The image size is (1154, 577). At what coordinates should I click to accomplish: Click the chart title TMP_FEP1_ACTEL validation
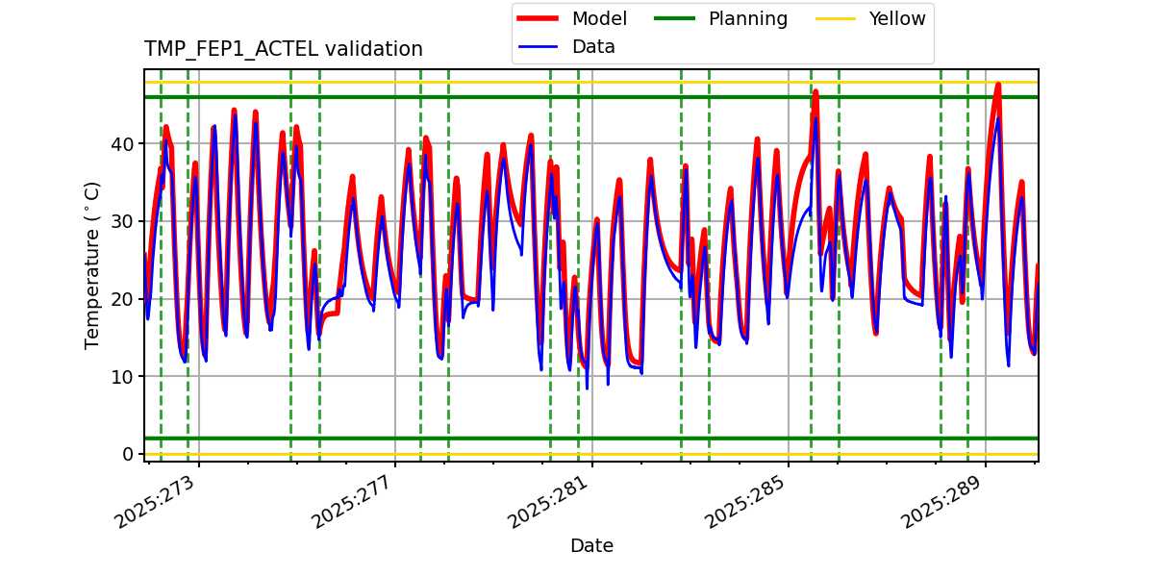[x=283, y=49]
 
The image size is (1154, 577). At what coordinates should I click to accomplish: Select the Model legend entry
[x=598, y=18]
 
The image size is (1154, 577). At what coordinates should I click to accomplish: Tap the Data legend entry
[x=593, y=46]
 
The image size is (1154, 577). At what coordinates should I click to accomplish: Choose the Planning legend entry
[x=747, y=18]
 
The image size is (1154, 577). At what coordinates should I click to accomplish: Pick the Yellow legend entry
[x=896, y=18]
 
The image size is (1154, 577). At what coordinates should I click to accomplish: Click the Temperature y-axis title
[x=92, y=264]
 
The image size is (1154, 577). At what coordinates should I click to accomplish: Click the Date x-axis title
[x=591, y=546]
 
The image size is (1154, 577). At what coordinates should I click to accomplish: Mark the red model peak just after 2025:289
[x=998, y=85]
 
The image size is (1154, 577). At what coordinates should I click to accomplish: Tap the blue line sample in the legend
[x=540, y=46]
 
